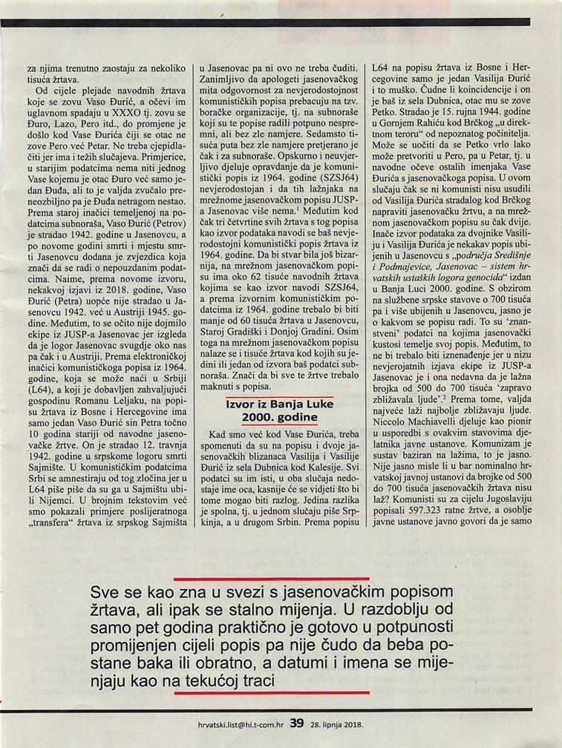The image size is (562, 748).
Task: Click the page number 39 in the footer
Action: [297, 721]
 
